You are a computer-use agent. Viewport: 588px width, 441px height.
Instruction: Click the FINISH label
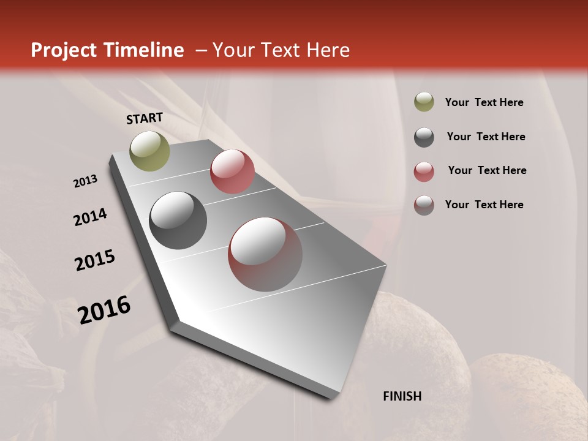tap(402, 396)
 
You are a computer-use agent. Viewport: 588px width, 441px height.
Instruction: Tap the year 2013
tap(85, 181)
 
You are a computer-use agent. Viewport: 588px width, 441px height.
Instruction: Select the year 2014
tap(90, 217)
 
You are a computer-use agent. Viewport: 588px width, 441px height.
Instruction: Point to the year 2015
tap(95, 260)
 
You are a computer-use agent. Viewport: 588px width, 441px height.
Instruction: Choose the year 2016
tap(104, 309)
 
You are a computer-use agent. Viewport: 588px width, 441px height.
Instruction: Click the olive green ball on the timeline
tap(149, 151)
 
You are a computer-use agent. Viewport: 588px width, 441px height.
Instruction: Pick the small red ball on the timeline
tap(232, 171)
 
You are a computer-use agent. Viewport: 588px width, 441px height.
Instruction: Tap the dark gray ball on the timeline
tap(178, 221)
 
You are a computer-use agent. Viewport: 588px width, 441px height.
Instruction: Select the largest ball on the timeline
tap(265, 254)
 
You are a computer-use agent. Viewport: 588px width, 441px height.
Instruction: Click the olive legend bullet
tap(424, 102)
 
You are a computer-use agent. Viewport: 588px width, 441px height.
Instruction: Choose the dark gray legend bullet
tap(424, 137)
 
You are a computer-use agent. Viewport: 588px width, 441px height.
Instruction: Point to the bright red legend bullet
tap(424, 171)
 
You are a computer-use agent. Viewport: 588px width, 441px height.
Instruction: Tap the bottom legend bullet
tap(424, 205)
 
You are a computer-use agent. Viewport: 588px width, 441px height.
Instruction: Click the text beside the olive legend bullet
tap(484, 102)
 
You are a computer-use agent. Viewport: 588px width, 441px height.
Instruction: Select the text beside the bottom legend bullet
tap(484, 205)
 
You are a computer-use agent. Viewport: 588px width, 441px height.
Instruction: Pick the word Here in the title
tap(328, 50)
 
